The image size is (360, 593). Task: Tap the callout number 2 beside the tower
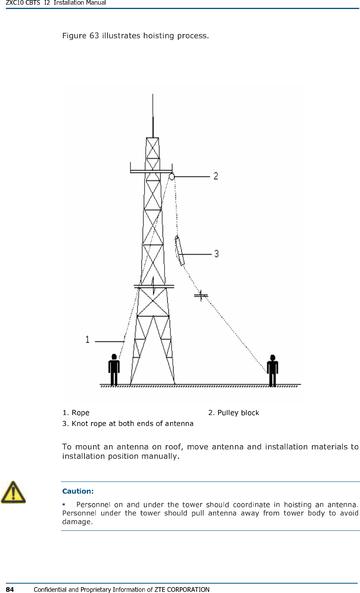click(x=216, y=176)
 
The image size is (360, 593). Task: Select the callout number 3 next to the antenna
click(x=216, y=254)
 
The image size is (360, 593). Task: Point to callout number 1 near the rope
click(x=87, y=339)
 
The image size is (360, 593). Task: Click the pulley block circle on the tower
click(x=172, y=177)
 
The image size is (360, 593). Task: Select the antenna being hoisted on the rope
click(x=180, y=251)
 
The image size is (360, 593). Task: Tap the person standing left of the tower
click(x=114, y=370)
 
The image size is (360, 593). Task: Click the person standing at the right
click(x=272, y=370)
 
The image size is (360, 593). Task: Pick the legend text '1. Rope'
click(x=76, y=413)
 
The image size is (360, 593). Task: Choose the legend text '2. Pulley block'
click(x=233, y=413)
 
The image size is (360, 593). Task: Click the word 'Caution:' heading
click(x=78, y=491)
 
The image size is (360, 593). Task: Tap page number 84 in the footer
click(x=10, y=589)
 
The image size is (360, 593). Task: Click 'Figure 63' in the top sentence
click(x=81, y=36)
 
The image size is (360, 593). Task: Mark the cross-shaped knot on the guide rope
click(x=201, y=295)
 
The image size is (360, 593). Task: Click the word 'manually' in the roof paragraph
click(x=159, y=456)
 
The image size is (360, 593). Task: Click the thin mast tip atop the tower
click(x=153, y=110)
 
